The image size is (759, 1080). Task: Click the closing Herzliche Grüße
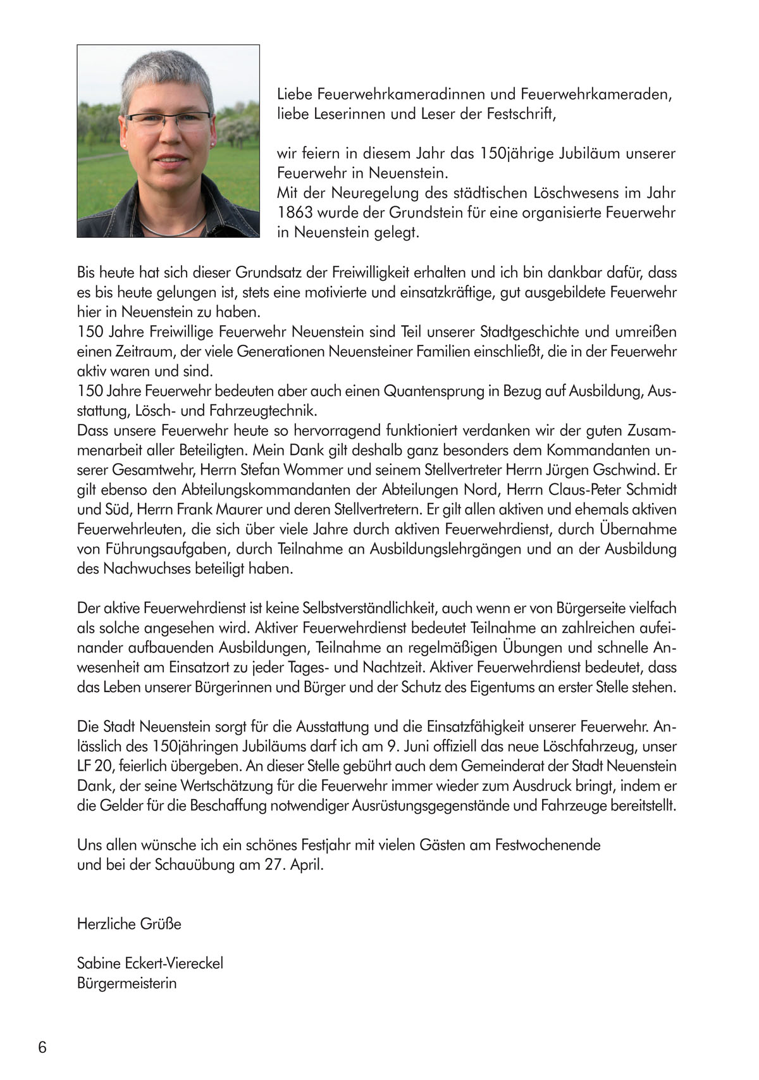129,924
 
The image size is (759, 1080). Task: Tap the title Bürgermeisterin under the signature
126,984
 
